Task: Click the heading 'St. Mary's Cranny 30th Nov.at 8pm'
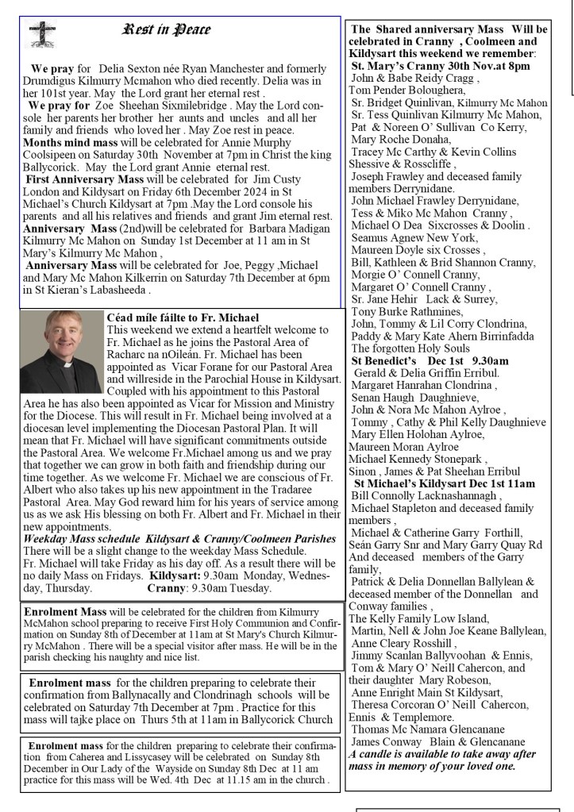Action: (x=441, y=66)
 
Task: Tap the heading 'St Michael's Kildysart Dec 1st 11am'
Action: (x=445, y=483)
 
